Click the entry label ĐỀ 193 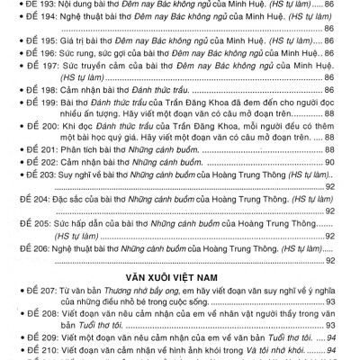point(40,5)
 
